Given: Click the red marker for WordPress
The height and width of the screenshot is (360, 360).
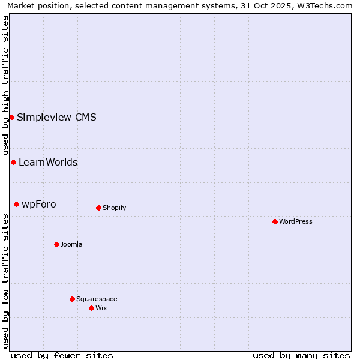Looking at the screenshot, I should [x=275, y=221].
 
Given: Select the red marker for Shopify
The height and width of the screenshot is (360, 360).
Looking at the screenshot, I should [x=98, y=208].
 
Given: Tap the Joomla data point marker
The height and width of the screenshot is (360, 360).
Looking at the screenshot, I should [x=56, y=244].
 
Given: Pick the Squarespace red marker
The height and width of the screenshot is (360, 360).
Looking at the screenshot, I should [x=72, y=299].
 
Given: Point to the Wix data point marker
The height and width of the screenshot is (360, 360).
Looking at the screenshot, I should [x=91, y=308].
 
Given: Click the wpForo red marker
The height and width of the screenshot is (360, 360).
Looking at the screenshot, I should [x=16, y=204].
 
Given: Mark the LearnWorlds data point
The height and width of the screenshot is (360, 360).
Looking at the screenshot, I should [x=13, y=162].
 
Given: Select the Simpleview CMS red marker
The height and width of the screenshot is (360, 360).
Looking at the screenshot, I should [x=11, y=117].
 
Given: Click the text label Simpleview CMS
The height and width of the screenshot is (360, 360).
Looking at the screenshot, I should [x=56, y=117].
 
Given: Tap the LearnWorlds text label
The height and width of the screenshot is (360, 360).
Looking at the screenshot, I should [x=48, y=162].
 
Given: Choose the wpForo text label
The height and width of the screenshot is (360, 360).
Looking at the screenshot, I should [x=39, y=204].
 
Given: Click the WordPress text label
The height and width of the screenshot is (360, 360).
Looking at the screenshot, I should [x=296, y=221].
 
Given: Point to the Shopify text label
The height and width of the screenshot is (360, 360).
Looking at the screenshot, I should [x=114, y=208].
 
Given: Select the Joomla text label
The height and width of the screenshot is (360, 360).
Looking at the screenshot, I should [x=71, y=244].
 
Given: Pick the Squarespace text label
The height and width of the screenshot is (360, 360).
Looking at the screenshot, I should [x=97, y=299].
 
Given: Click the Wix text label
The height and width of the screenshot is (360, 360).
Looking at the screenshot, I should [x=101, y=308].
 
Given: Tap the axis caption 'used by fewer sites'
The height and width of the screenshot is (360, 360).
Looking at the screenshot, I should [x=62, y=355].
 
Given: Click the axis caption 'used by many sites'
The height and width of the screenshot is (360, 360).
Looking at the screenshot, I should [x=301, y=355].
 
